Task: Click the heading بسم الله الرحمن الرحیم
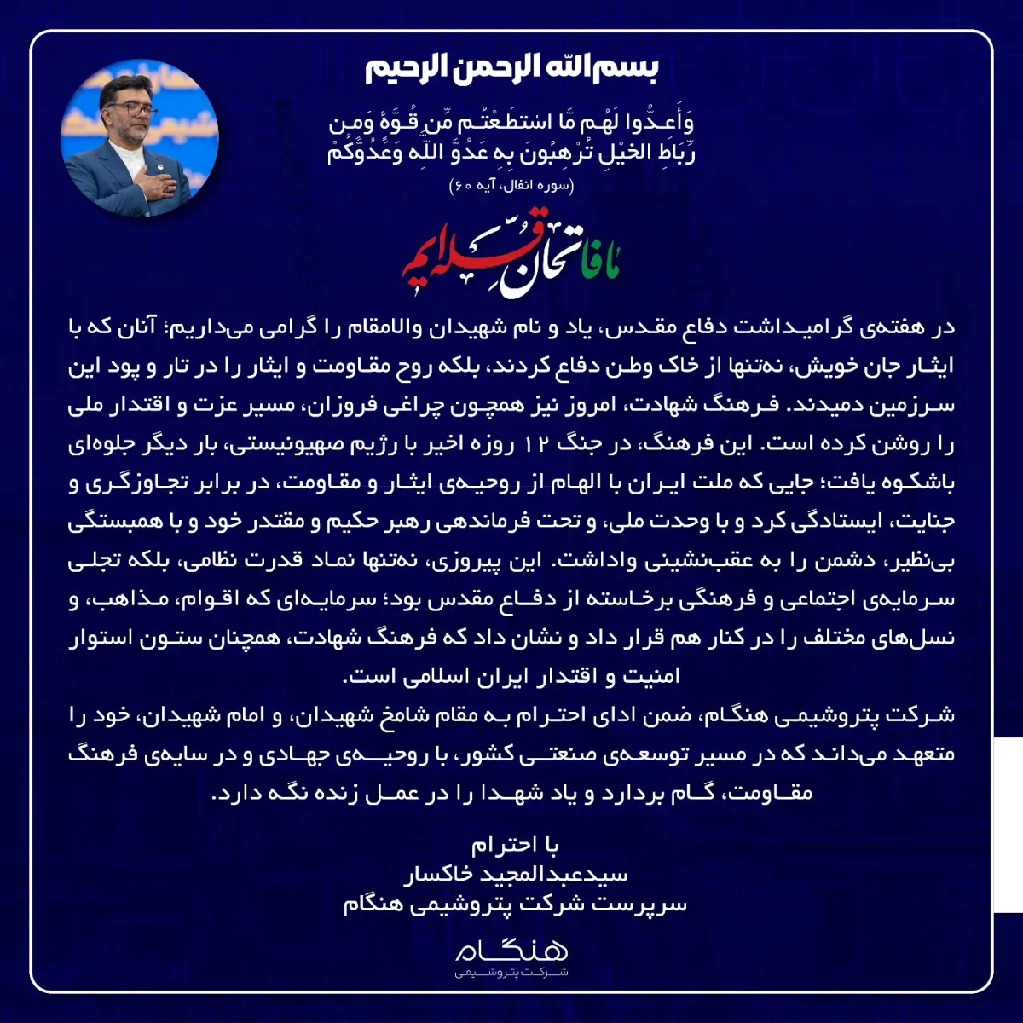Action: point(511,68)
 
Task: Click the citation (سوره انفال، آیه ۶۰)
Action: point(511,185)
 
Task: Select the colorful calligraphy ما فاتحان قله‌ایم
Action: point(511,260)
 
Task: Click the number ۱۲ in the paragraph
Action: point(539,443)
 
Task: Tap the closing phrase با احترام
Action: point(515,845)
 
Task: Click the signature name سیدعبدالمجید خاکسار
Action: point(515,874)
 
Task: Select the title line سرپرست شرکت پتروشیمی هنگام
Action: point(515,904)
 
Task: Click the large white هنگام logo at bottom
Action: point(511,949)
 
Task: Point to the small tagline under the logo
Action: point(511,973)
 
